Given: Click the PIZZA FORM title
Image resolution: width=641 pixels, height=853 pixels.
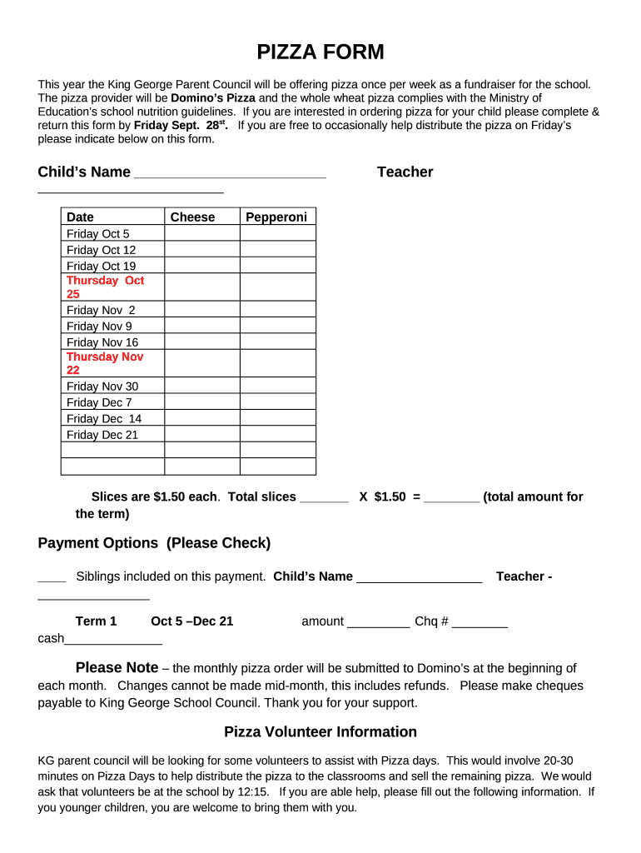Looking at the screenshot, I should pyautogui.click(x=320, y=52).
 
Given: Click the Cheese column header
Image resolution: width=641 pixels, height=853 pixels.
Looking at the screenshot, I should pyautogui.click(x=192, y=217).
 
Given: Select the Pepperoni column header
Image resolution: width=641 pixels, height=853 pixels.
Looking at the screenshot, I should pyautogui.click(x=276, y=217).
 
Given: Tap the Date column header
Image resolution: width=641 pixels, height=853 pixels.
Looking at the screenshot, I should pyautogui.click(x=81, y=217).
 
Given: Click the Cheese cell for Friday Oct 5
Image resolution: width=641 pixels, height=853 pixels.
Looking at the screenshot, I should pyautogui.click(x=202, y=233).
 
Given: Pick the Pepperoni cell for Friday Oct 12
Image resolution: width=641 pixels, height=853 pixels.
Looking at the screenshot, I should pyautogui.click(x=278, y=249).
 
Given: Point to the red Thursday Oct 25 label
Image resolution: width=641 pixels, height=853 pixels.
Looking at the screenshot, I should pyautogui.click(x=105, y=287).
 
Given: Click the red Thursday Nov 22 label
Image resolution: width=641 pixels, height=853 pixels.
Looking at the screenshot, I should pyautogui.click(x=105, y=363).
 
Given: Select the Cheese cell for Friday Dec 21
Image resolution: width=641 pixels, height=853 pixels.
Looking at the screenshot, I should pyautogui.click(x=202, y=434).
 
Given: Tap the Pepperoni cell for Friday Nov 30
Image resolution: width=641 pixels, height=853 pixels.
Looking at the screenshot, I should pyautogui.click(x=278, y=386).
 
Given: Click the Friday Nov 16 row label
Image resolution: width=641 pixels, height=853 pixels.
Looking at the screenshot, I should pyautogui.click(x=102, y=342).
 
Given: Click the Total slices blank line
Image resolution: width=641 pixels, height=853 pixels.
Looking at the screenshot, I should pyautogui.click(x=324, y=499).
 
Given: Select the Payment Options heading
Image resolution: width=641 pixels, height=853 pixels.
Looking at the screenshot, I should pyautogui.click(x=154, y=543).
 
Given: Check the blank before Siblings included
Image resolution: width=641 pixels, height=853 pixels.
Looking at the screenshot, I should pyautogui.click(x=52, y=578).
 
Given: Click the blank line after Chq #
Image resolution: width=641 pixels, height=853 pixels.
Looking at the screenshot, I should pyautogui.click(x=480, y=624).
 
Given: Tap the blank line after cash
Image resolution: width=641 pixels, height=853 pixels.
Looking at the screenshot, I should pyautogui.click(x=113, y=641).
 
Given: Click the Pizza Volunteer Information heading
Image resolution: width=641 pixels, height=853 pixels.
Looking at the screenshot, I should pyautogui.click(x=320, y=732).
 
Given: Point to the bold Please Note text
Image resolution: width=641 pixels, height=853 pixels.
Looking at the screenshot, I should pyautogui.click(x=117, y=668).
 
